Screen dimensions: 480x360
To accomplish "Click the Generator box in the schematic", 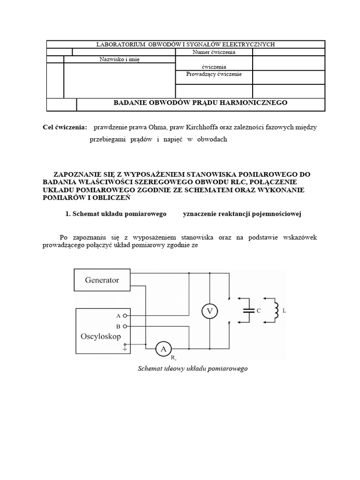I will point(102,280).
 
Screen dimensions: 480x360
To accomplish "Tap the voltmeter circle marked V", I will point(209,310).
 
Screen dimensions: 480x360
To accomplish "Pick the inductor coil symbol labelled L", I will point(277,310).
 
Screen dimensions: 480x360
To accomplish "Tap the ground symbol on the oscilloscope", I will point(125,347).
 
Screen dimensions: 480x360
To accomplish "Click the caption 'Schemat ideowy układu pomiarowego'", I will point(192,368).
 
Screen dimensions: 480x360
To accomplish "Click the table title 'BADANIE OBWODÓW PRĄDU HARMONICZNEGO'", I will point(201,102).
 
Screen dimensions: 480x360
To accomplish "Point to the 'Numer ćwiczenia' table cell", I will point(214,52).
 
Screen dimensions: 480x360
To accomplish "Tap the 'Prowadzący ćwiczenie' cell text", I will point(214,75).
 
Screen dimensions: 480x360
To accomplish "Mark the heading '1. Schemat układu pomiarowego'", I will point(116,214).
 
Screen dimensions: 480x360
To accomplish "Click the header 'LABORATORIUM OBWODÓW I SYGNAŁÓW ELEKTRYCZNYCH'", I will point(185,44).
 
